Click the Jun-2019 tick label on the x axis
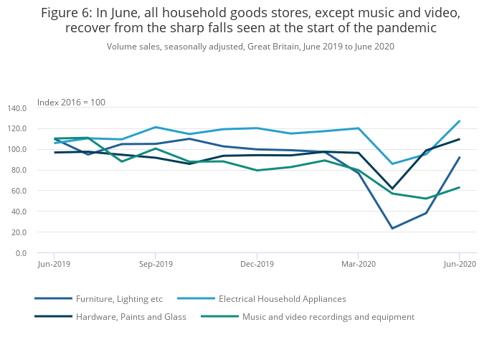(x=54, y=265)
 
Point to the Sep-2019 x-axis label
(x=155, y=265)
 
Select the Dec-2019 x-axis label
(x=257, y=265)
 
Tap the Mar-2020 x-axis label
(x=358, y=265)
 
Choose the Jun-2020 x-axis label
(x=459, y=265)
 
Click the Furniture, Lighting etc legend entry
(x=120, y=299)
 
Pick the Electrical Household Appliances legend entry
(x=282, y=299)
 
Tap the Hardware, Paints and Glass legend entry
(x=131, y=317)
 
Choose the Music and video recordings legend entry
(x=328, y=317)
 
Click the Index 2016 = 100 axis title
(x=71, y=103)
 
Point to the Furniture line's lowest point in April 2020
(x=392, y=229)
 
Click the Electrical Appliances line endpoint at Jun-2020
(x=459, y=121)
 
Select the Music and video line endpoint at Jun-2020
(x=459, y=187)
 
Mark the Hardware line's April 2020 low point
(x=392, y=189)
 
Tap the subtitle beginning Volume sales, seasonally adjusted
(x=250, y=47)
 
